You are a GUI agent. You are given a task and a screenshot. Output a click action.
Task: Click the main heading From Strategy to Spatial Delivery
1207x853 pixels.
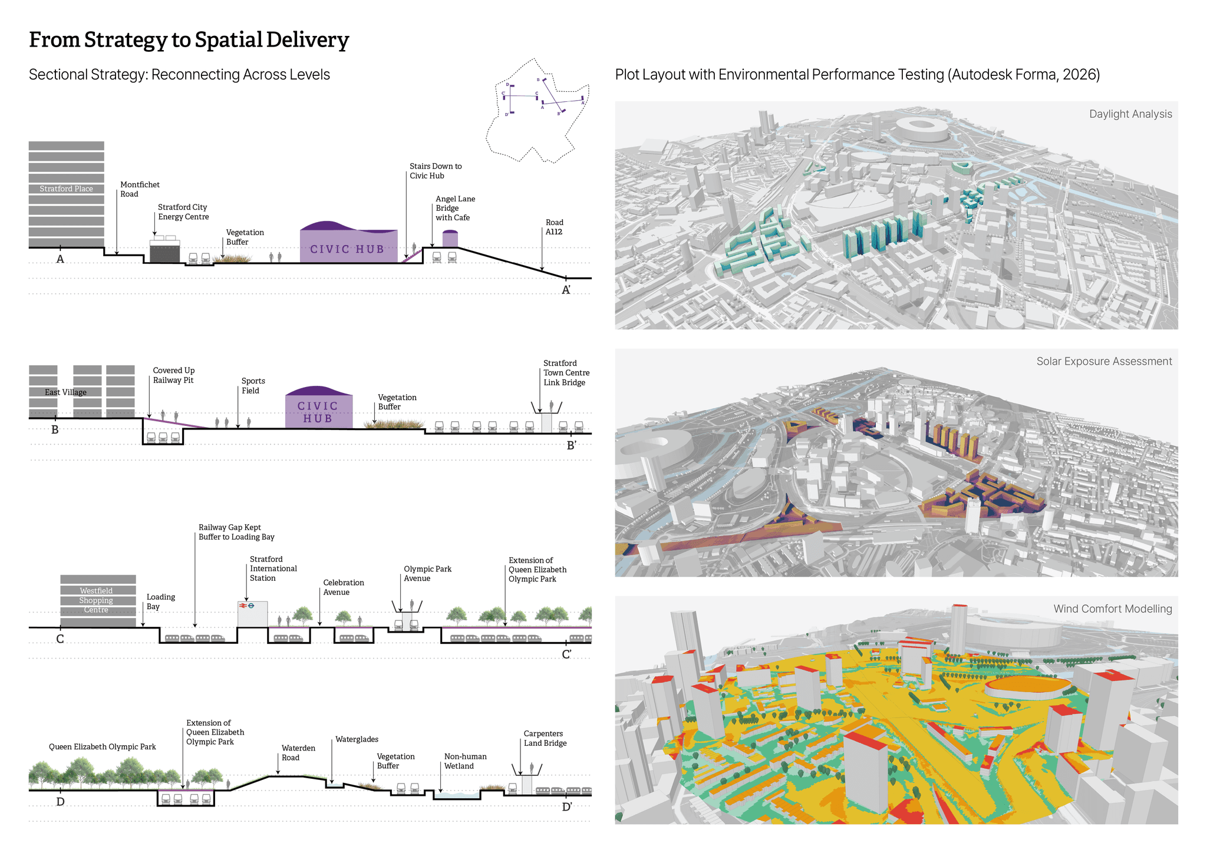coord(189,40)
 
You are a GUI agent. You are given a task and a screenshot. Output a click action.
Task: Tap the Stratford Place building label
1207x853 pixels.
coord(66,189)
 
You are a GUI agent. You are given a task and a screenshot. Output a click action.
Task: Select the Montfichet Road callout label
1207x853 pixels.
coord(140,189)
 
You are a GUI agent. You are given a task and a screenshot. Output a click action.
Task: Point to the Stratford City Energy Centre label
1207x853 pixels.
coord(183,212)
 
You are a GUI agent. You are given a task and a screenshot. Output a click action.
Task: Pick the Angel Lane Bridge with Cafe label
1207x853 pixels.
coord(455,209)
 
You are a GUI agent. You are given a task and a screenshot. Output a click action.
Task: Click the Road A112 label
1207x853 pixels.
coord(554,227)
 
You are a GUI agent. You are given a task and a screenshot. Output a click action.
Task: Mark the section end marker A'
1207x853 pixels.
coord(566,290)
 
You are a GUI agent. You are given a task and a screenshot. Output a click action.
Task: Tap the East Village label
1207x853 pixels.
coord(65,392)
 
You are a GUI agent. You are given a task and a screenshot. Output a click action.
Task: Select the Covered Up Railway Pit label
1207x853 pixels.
coord(173,375)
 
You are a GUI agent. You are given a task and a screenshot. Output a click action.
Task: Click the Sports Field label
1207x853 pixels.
coord(253,386)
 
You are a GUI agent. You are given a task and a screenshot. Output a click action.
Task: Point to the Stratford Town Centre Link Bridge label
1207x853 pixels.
coord(566,373)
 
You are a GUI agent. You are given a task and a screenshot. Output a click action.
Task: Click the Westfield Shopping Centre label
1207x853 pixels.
coord(96,600)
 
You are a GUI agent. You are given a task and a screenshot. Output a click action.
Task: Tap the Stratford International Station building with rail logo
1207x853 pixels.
coord(252,614)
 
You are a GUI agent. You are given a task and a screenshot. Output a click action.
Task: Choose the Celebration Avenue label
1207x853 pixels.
coord(343,587)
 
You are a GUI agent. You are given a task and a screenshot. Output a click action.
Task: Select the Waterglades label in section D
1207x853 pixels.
coord(357,739)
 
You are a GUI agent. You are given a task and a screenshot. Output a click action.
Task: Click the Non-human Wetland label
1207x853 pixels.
coord(465,761)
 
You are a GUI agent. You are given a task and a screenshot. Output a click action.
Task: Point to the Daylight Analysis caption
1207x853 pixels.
coord(1130,114)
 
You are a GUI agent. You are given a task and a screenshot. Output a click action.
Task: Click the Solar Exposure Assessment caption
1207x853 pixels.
coord(1104,362)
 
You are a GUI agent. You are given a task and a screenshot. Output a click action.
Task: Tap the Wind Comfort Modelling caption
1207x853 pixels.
coord(1112,609)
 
